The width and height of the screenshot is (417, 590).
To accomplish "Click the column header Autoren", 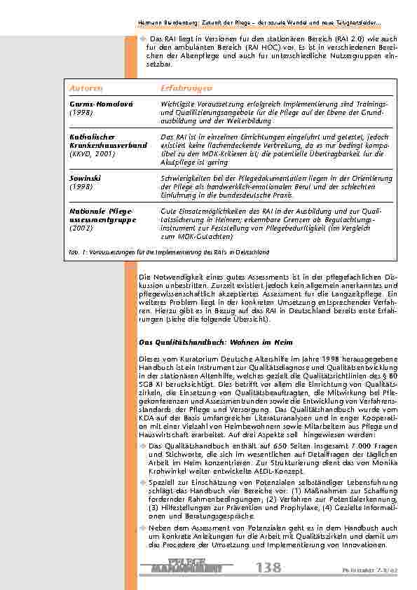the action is pyautogui.click(x=87, y=88).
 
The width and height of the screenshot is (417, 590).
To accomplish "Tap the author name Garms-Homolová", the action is pyautogui.click(x=97, y=103).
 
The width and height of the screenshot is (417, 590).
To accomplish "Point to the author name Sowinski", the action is pyautogui.click(x=83, y=179).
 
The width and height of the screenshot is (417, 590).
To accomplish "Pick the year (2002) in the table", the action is pyautogui.click(x=81, y=227).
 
